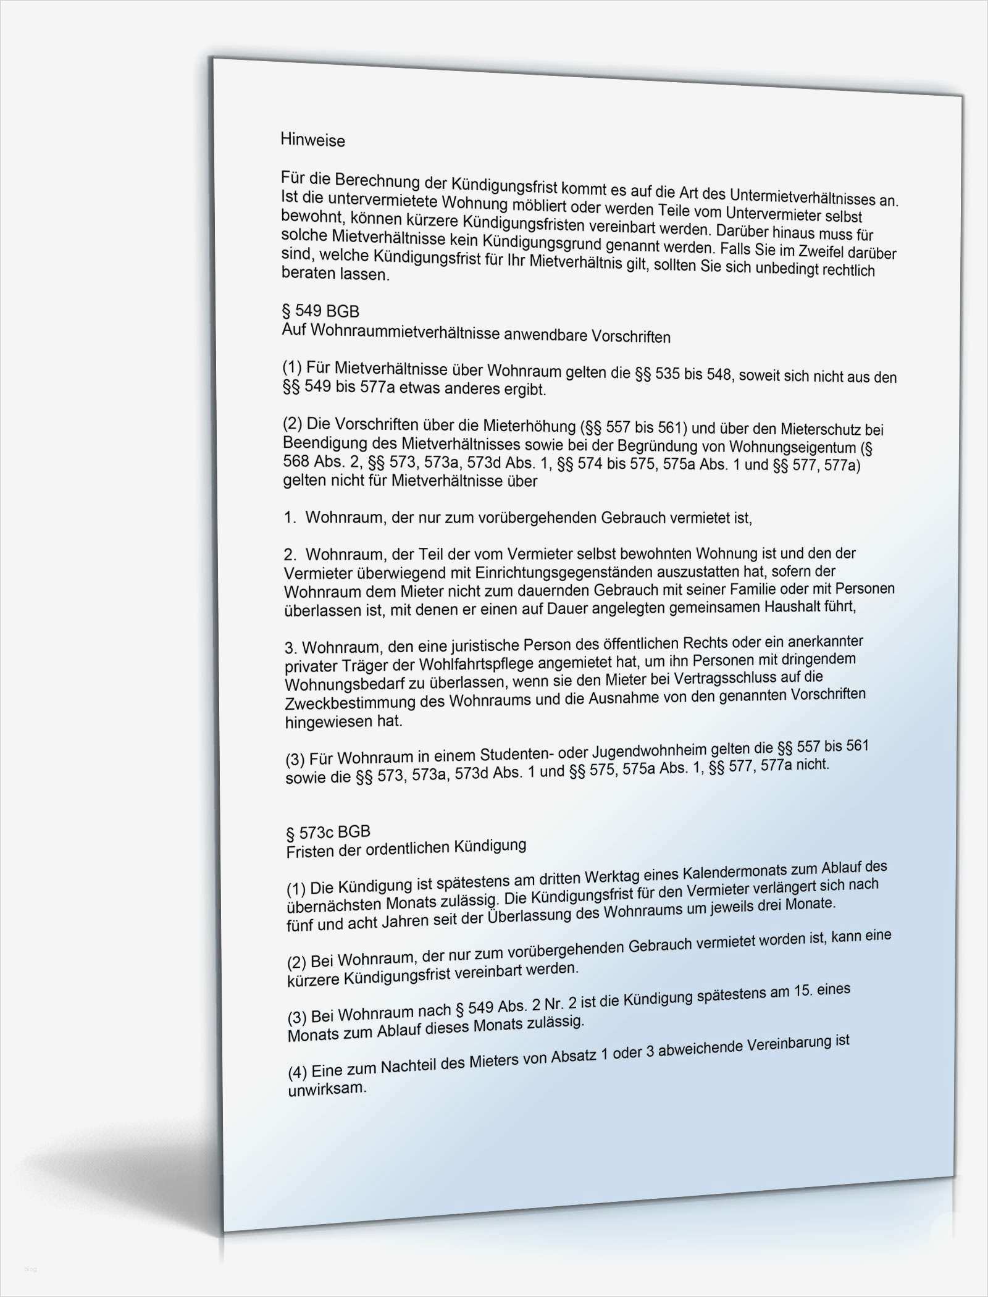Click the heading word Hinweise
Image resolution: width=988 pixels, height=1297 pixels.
point(312,140)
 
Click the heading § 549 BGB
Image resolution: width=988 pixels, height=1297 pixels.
point(320,311)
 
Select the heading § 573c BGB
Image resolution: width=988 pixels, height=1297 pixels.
point(328,833)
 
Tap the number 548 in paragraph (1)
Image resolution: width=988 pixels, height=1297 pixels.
point(718,374)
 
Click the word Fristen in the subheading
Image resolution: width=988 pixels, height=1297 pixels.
point(309,852)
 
